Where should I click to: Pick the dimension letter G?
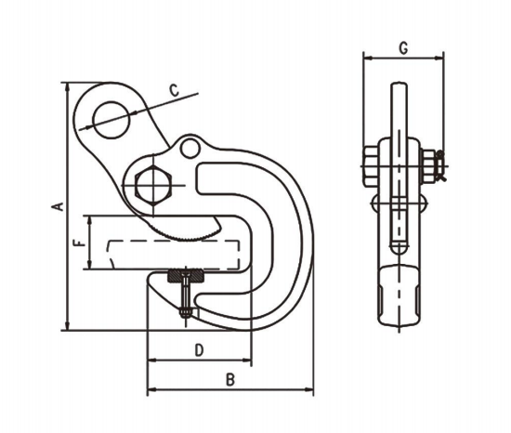pos(401,46)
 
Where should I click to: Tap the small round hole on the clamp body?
pos(190,148)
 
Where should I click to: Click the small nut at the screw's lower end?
pos(185,314)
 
